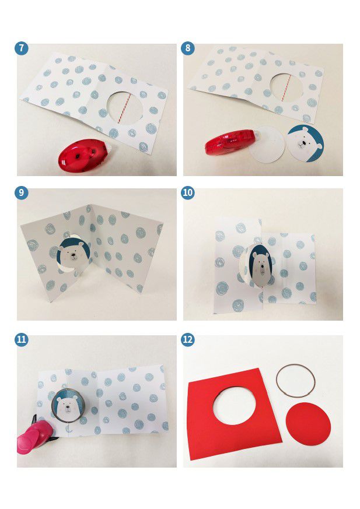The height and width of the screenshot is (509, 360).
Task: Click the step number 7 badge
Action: coord(22,48)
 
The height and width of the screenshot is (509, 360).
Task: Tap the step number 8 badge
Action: coord(188,48)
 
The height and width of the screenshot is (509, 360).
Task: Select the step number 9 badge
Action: coord(22,193)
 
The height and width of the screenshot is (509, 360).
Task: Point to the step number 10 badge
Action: coord(188,193)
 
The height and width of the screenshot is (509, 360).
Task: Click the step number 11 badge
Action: coord(22,339)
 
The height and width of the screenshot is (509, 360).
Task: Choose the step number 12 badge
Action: coord(188,339)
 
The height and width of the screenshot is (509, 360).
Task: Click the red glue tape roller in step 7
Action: coord(85,157)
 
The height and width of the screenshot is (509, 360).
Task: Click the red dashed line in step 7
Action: coord(125,109)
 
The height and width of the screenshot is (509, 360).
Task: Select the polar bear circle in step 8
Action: coord(305,143)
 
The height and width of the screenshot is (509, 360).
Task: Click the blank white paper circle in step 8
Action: coord(267,145)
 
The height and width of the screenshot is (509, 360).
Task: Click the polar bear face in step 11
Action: coord(68,406)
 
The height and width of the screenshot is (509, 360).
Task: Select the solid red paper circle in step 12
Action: coord(308,424)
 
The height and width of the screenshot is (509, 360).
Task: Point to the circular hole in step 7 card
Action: coord(125,109)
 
